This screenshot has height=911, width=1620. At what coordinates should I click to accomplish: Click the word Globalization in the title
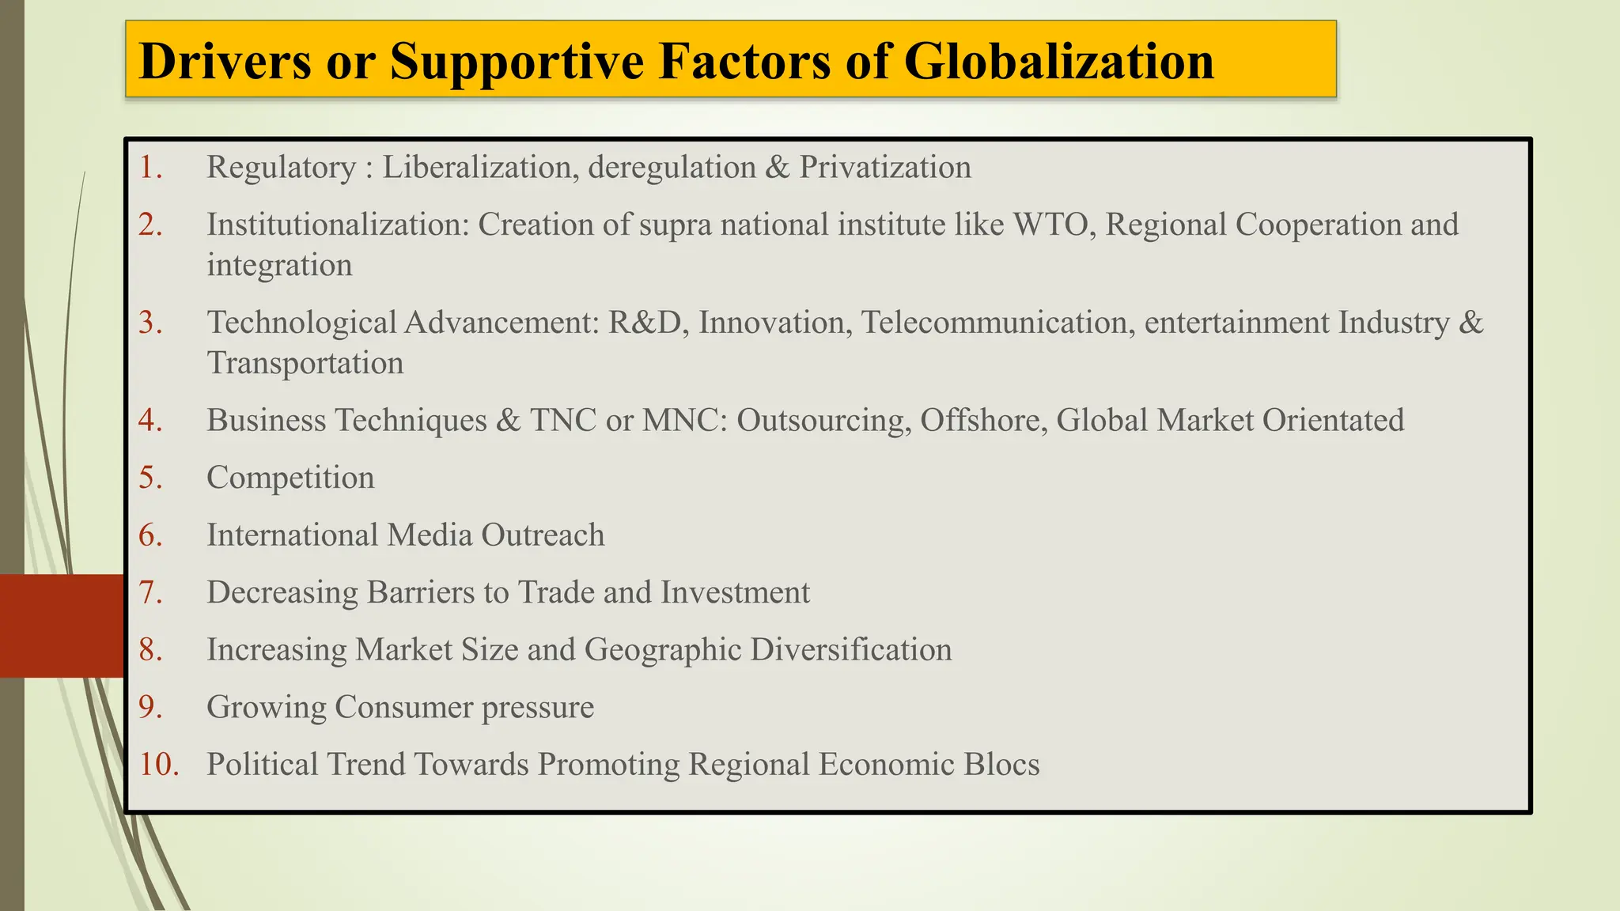tap(1058, 62)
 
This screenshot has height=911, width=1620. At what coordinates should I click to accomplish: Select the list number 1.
tap(150, 168)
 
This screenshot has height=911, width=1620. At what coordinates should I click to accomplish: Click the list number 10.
tap(159, 765)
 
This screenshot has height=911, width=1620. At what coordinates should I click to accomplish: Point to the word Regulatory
tap(281, 168)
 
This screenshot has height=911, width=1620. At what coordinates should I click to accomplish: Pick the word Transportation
tap(305, 363)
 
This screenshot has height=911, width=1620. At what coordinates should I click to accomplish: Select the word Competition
tap(290, 478)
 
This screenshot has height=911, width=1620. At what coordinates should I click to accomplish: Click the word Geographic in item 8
tap(662, 650)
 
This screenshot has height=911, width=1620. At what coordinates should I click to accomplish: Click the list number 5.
tap(150, 478)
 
